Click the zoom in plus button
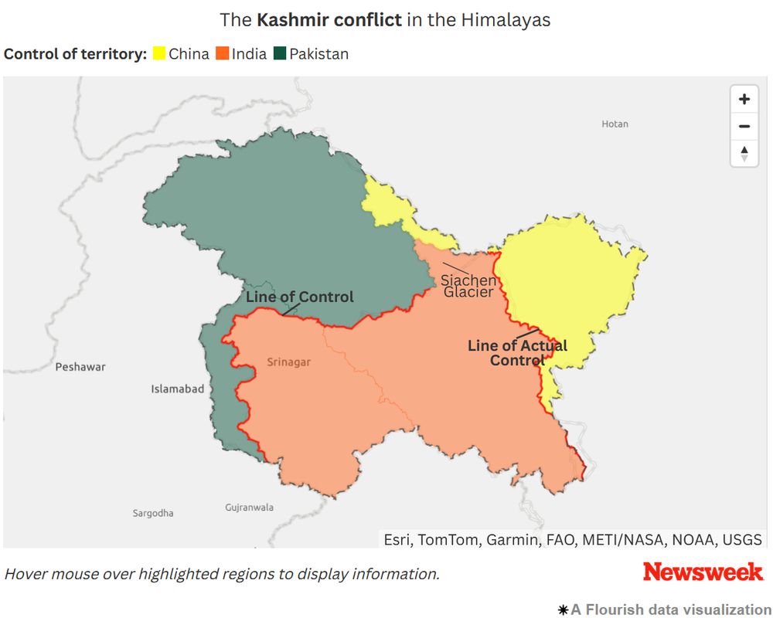[x=744, y=99]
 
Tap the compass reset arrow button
[x=744, y=153]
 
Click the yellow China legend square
[x=158, y=54]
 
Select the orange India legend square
[x=223, y=54]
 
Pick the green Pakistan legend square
[x=280, y=54]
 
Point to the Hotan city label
[x=615, y=124]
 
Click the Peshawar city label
[x=80, y=367]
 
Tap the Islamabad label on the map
[x=178, y=389]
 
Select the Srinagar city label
[x=288, y=362]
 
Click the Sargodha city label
[x=153, y=513]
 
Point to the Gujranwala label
[x=249, y=508]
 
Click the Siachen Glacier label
[x=468, y=286]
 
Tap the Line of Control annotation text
[x=300, y=297]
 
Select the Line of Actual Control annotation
[x=517, y=353]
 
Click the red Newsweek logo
[x=703, y=572]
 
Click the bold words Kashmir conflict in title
[x=329, y=20]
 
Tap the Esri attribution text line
[x=573, y=539]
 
